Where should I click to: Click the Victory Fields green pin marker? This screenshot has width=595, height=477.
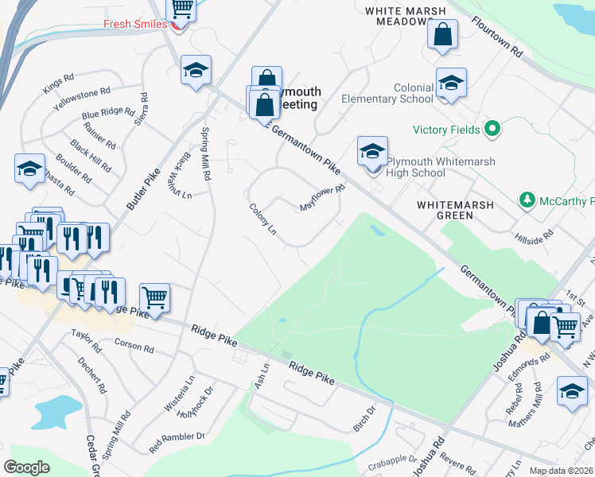[x=492, y=129]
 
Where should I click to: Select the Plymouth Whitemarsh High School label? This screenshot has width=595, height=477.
[x=440, y=167]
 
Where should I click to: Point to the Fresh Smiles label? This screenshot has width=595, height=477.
[x=134, y=24]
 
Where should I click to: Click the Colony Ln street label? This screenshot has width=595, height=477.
[x=262, y=219]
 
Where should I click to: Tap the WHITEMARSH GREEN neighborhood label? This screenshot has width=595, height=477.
[x=455, y=210]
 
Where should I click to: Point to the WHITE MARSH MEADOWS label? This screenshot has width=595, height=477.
[x=407, y=16]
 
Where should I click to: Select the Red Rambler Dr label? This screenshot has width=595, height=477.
[x=177, y=437]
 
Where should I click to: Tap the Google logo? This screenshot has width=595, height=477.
[x=26, y=467]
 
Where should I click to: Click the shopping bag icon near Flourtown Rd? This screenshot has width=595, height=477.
[x=442, y=35]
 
